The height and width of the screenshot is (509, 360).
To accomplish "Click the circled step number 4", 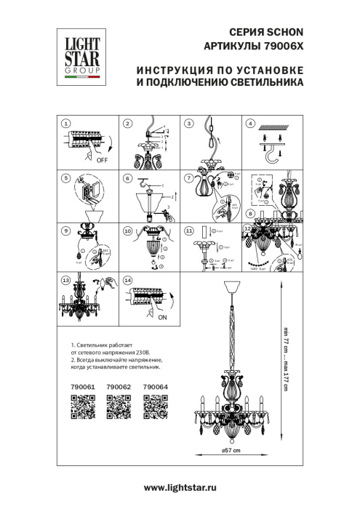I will tap(252, 124).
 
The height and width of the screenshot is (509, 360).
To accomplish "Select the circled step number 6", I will tap(127, 177).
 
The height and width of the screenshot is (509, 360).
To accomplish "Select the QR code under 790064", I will tap(153, 406).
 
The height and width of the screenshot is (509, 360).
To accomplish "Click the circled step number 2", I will tap(127, 124).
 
